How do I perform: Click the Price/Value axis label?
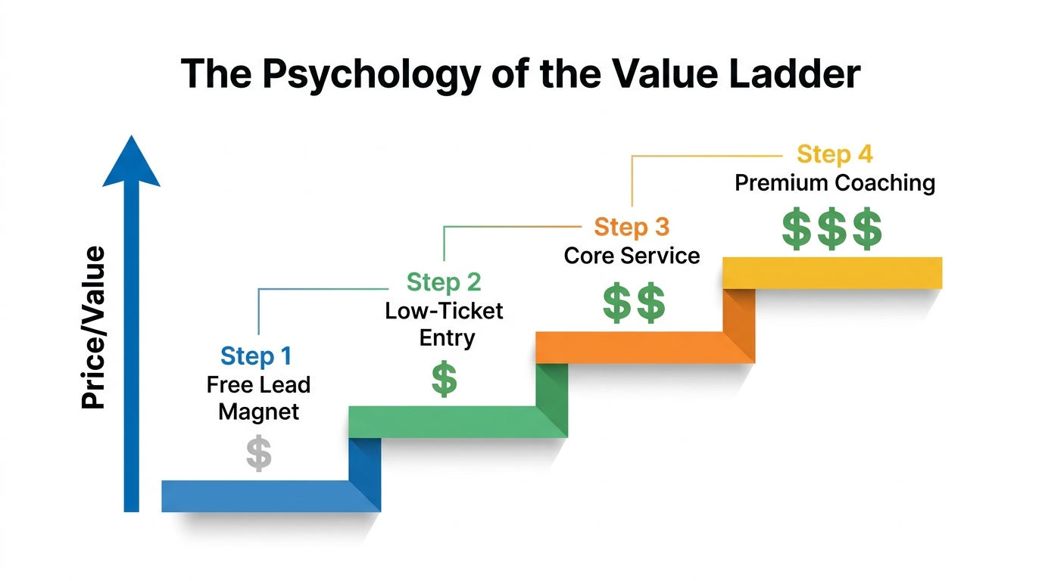click(x=93, y=328)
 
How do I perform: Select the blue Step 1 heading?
click(x=256, y=356)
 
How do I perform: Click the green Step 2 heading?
click(x=444, y=282)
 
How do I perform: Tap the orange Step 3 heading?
click(x=632, y=227)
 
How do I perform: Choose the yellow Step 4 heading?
click(x=835, y=154)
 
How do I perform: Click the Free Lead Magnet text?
click(x=259, y=398)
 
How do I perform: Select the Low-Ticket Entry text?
click(x=445, y=324)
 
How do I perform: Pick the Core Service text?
click(x=632, y=256)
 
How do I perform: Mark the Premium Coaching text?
click(x=835, y=183)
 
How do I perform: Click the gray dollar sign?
click(x=259, y=455)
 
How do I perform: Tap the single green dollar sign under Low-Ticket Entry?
click(x=445, y=380)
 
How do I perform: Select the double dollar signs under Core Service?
click(x=634, y=303)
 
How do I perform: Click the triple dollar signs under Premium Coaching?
click(x=831, y=231)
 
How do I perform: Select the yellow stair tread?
click(x=832, y=272)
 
